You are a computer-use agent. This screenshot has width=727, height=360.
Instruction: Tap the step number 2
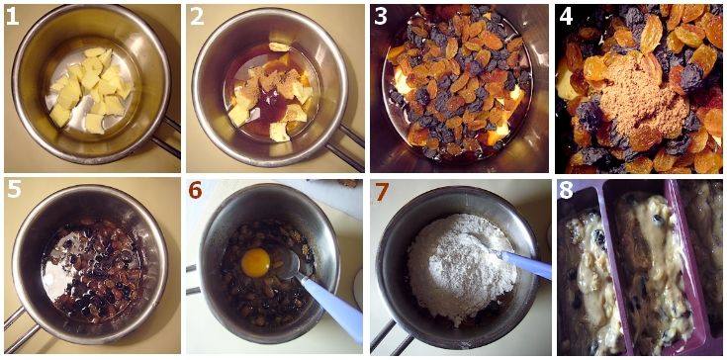point(197,17)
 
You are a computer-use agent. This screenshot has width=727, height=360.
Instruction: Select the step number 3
point(381,17)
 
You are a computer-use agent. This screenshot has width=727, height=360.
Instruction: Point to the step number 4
point(566,17)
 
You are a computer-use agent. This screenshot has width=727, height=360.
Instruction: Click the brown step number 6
point(196,191)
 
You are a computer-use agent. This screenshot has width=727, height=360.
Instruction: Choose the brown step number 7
point(381,191)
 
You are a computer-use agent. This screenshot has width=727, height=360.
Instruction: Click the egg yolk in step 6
point(255,263)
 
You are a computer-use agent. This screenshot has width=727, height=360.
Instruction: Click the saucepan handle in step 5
point(21,326)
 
